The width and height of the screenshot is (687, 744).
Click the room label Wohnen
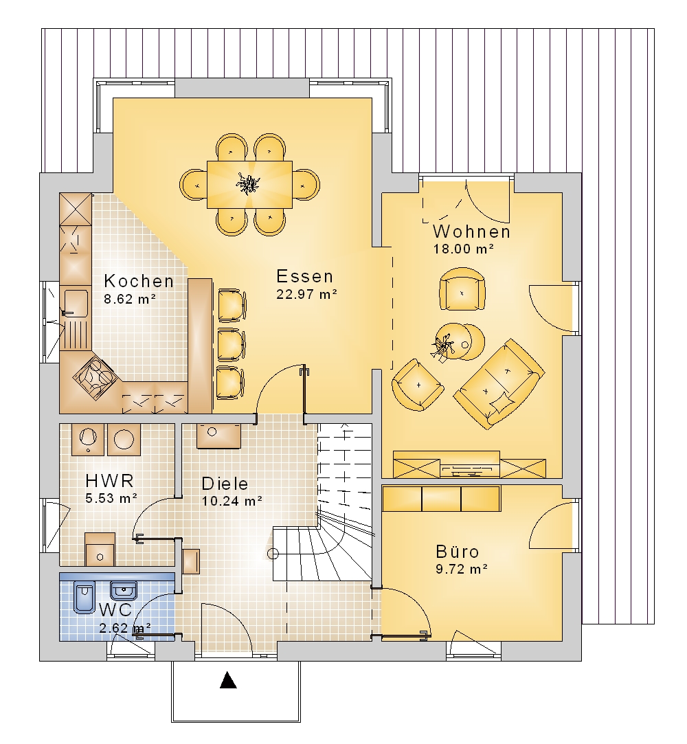coord(471,232)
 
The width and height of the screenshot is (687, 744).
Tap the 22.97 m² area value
coord(306,294)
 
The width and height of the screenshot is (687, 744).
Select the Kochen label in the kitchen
coord(139,281)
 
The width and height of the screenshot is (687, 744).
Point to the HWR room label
coord(110,481)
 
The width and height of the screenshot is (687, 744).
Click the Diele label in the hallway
coord(225,484)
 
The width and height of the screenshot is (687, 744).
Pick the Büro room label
coord(458,552)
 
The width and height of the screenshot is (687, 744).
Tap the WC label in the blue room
coord(116,609)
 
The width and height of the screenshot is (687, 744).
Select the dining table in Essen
coord(249,185)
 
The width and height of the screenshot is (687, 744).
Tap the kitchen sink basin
coord(76,303)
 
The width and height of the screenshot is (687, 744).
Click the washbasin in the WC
coord(124,591)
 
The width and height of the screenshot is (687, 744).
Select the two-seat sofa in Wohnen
coord(499,384)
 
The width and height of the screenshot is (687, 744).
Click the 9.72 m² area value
coord(462,568)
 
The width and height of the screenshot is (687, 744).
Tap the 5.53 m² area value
coord(111,498)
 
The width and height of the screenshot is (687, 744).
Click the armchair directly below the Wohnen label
coord(462,289)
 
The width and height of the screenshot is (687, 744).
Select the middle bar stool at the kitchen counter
coord(232,344)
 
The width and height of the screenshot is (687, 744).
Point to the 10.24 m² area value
coord(232,501)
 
